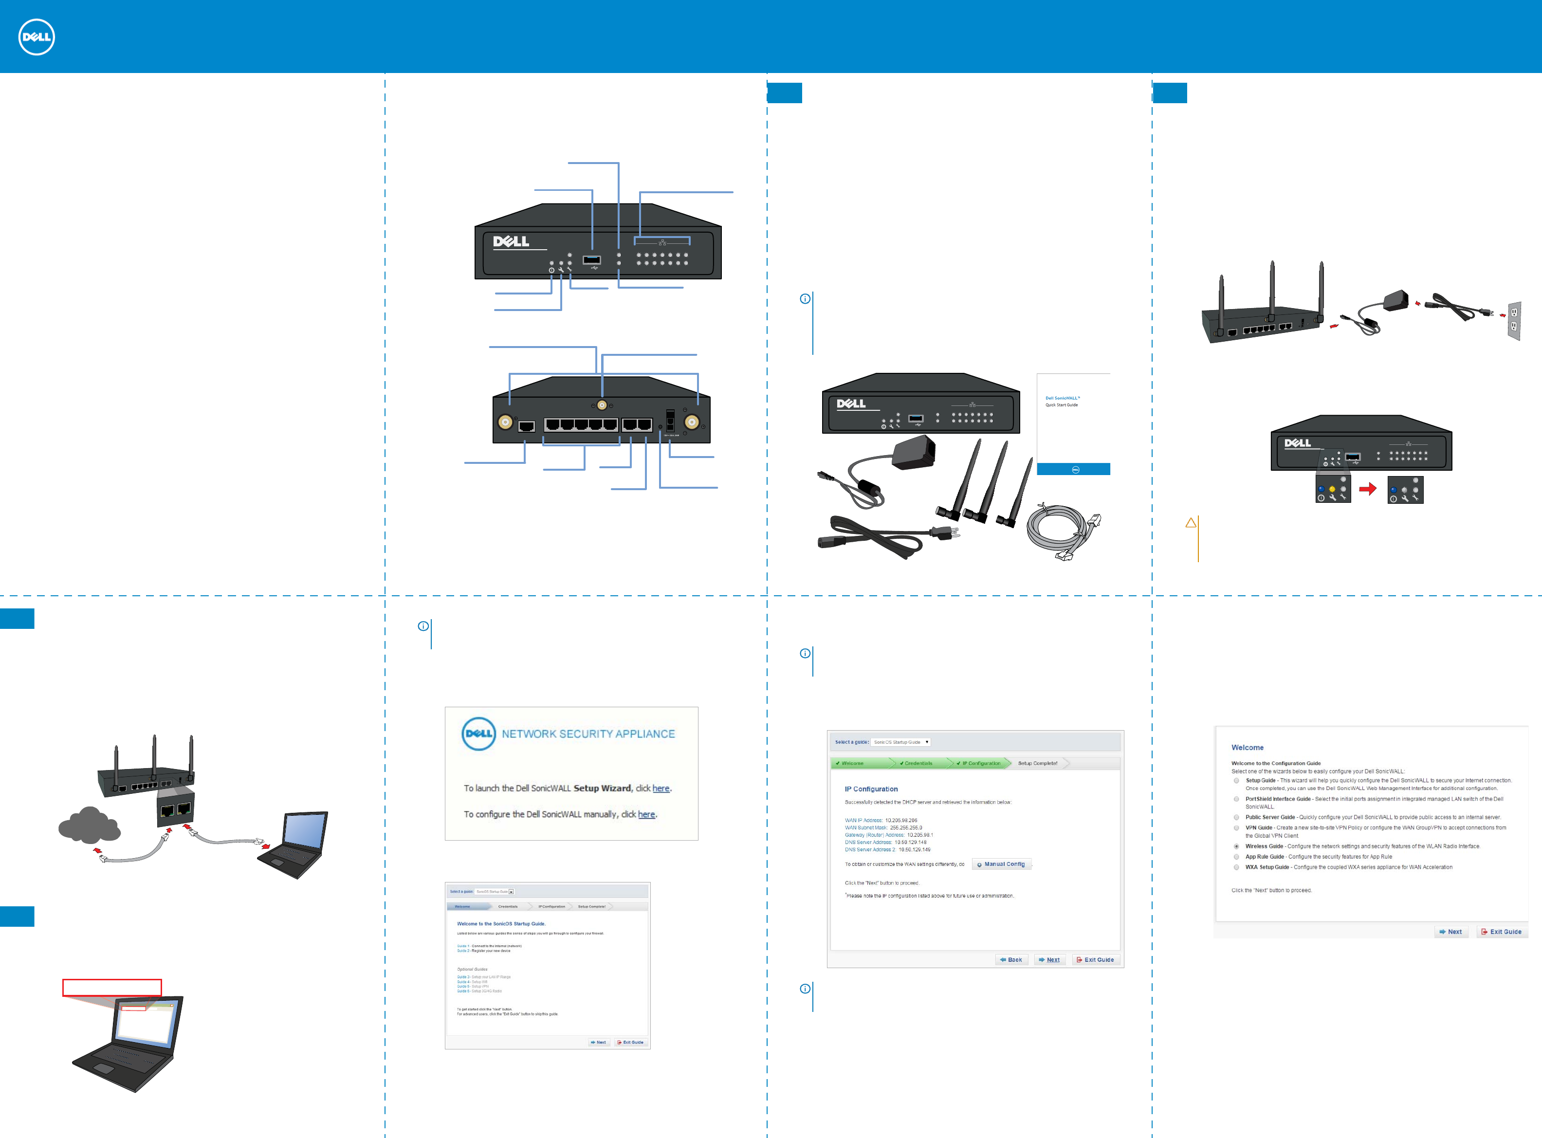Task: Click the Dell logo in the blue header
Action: pyautogui.click(x=37, y=37)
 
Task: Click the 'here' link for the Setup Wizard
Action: pyautogui.click(x=661, y=788)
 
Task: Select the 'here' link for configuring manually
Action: pyautogui.click(x=646, y=814)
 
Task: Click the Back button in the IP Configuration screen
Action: pyautogui.click(x=1011, y=959)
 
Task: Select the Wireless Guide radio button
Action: pyautogui.click(x=1236, y=846)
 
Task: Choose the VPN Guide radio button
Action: pyautogui.click(x=1236, y=828)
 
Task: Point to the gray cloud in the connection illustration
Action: pyautogui.click(x=89, y=825)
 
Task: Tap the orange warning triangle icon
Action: pyautogui.click(x=1191, y=523)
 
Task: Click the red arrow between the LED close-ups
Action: pyautogui.click(x=1368, y=489)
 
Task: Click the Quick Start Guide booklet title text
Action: pyautogui.click(x=1062, y=401)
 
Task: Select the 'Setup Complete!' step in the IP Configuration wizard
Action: pyautogui.click(x=1037, y=763)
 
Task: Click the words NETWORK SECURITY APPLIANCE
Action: pyautogui.click(x=588, y=734)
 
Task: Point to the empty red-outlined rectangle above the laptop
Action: pyautogui.click(x=111, y=987)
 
